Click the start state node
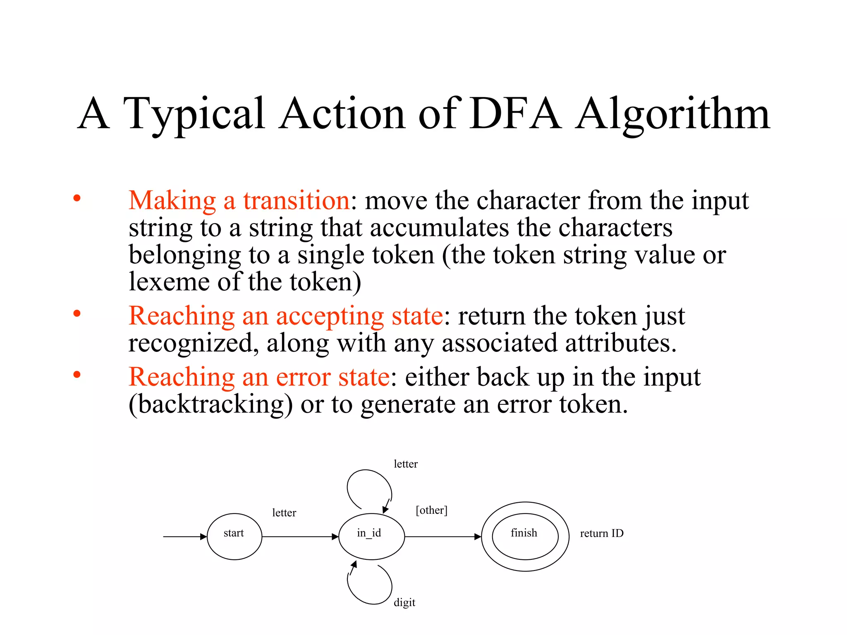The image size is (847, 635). point(234,536)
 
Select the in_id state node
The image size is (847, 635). point(371,536)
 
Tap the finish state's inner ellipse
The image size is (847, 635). point(525,536)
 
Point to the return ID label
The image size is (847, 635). point(601,533)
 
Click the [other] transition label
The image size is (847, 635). point(431,510)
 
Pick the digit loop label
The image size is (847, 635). point(404,602)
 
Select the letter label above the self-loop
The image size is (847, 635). point(405,464)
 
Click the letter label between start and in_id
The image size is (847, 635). point(284,513)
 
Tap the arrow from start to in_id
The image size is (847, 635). point(300,537)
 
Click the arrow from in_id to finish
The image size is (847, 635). point(443,537)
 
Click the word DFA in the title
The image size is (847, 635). point(515,114)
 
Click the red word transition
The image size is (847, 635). point(297,201)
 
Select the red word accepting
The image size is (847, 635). point(330,317)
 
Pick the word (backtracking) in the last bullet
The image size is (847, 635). point(211,404)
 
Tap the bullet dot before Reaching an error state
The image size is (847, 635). point(77,375)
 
